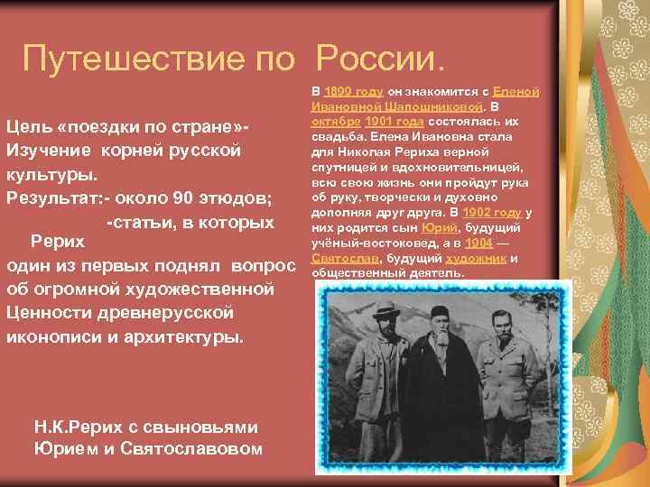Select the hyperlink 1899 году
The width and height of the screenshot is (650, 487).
355,92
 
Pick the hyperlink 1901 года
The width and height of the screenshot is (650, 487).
396,121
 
